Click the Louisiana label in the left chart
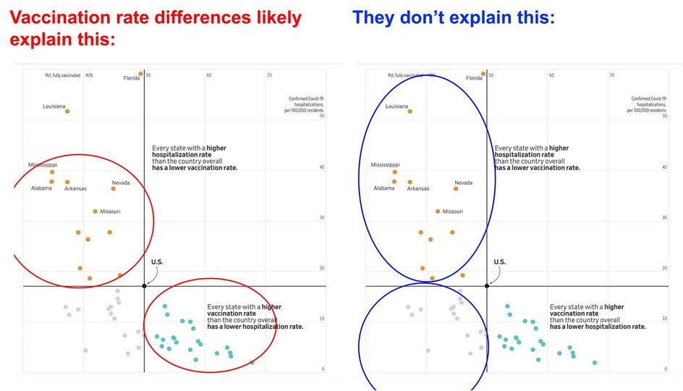(54, 106)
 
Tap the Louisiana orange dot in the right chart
(410, 112)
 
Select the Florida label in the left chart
(131, 77)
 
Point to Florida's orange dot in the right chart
(483, 73)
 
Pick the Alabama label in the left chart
(41, 188)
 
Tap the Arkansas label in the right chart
(417, 188)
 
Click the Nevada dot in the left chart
(114, 188)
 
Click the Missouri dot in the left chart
(95, 211)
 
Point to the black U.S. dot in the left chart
(144, 286)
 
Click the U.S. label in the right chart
(499, 261)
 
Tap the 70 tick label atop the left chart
(269, 75)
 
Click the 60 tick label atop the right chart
(551, 75)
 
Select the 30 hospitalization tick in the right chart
(666, 217)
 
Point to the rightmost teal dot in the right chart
(595, 362)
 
